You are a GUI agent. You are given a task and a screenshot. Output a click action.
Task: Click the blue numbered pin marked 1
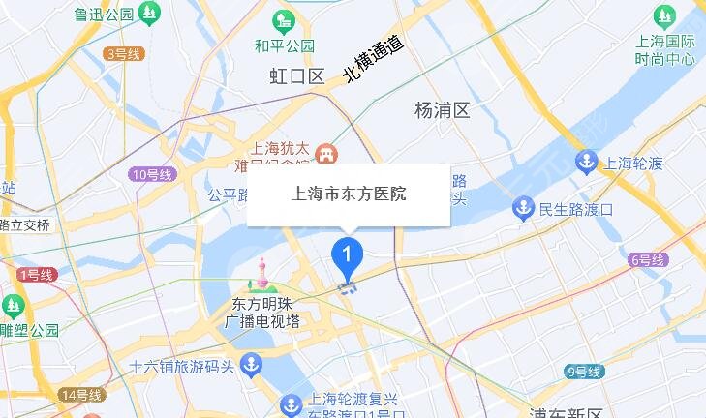pos(347,254)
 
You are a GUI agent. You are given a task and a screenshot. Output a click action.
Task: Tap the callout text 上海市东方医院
pos(349,194)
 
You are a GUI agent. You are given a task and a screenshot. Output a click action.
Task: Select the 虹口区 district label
pos(296,77)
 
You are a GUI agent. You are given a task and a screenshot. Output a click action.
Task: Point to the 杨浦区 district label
pos(442,110)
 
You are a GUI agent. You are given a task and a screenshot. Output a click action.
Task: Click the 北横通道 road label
pos(373,60)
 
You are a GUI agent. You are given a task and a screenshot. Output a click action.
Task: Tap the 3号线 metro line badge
pos(123,54)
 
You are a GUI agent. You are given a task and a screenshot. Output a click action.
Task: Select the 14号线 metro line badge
pos(81,395)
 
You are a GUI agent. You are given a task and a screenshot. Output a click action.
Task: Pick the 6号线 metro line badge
pos(648,260)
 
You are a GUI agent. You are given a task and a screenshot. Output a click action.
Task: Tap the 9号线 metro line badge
pos(583,372)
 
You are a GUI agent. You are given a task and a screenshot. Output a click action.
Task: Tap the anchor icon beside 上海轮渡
pos(586,162)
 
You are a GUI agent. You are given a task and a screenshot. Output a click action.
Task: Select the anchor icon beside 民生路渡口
pos(523,207)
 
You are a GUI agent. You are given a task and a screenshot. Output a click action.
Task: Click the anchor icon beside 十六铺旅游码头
pos(251,366)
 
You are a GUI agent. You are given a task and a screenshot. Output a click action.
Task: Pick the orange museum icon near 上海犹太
pos(327,152)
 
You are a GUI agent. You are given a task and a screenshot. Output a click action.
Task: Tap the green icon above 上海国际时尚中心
pos(664,15)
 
